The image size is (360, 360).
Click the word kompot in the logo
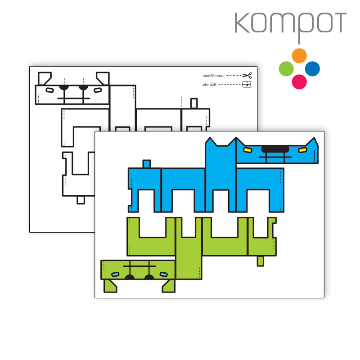point(290,25)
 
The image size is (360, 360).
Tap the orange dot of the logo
point(299,55)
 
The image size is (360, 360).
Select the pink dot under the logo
point(299,82)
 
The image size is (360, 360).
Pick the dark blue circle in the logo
point(312,69)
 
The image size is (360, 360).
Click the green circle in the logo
point(286,69)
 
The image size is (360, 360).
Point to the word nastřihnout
point(213,76)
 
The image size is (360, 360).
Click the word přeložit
point(209,85)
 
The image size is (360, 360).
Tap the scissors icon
point(247,75)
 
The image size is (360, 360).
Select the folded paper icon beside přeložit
point(247,85)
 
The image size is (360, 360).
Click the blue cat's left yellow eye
point(248,150)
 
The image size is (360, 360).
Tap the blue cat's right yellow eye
point(302,150)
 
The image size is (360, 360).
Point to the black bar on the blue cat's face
point(275,149)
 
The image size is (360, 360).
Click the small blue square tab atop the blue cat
point(147,164)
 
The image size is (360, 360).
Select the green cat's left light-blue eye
point(115,274)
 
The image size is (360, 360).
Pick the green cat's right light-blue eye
point(163,274)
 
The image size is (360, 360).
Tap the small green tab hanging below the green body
point(261,261)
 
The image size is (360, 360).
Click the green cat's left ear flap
point(110,286)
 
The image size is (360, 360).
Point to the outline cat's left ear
point(44,78)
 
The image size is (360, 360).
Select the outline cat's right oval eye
point(98,90)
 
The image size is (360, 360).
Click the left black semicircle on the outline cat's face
point(64,88)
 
